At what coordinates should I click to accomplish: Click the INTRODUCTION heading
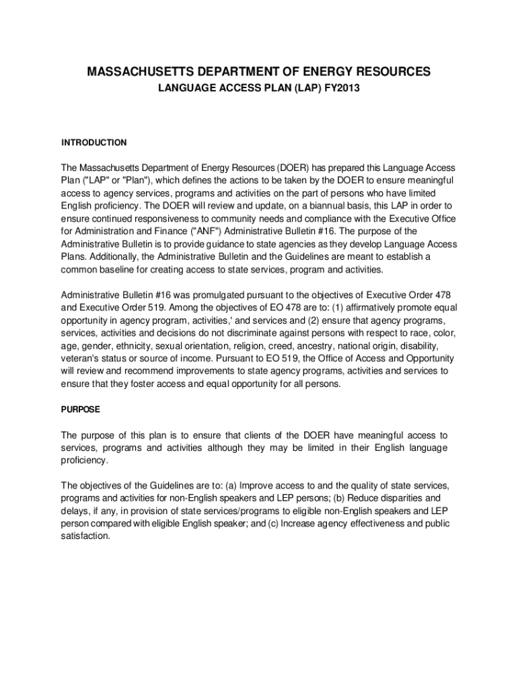pyautogui.click(x=94, y=143)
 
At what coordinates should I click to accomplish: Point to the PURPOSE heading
pyautogui.click(x=81, y=409)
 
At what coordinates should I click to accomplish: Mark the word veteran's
pyautogui.click(x=81, y=359)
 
